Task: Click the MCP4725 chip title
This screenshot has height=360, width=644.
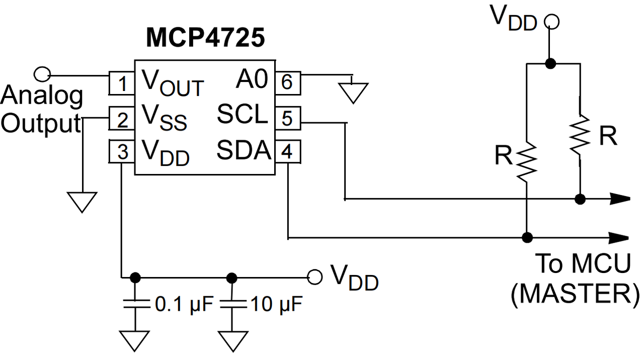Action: (205, 38)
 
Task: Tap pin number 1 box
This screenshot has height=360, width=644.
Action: (122, 83)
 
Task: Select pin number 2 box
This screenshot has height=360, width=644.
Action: (122, 118)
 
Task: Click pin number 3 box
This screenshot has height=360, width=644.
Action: (122, 151)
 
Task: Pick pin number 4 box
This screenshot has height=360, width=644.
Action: (288, 151)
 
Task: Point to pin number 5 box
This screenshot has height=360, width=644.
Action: (288, 118)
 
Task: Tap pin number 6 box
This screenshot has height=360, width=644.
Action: (288, 83)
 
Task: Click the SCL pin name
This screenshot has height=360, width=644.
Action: (242, 114)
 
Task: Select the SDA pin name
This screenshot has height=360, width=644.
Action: (244, 150)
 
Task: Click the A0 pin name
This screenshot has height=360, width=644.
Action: (252, 79)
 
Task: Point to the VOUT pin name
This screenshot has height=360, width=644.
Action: (173, 83)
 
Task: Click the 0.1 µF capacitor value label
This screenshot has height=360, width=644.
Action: (184, 304)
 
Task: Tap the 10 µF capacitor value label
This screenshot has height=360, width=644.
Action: (277, 304)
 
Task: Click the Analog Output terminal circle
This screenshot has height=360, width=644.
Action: (42, 74)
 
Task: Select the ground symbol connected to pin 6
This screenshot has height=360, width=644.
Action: (353, 93)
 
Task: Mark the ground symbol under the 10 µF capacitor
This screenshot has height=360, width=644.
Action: (232, 341)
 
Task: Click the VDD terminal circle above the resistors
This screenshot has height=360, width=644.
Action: (551, 22)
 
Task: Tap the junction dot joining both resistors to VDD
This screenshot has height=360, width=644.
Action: (550, 63)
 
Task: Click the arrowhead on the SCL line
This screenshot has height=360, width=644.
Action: (620, 199)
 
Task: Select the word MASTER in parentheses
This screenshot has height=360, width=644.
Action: (575, 294)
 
